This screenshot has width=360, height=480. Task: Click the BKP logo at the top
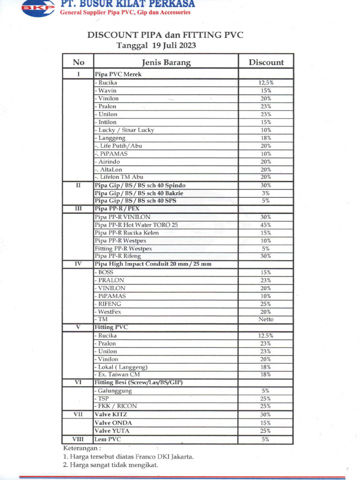coord(38,8)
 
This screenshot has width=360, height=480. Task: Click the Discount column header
coord(266,62)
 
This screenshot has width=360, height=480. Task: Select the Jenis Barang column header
coord(166,62)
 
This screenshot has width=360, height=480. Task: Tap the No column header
coord(78,62)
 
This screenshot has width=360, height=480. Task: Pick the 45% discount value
coord(266,225)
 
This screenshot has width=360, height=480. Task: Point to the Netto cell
coord(266,320)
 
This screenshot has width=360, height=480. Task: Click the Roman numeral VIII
coord(78,439)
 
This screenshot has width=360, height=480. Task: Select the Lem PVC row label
coord(108,439)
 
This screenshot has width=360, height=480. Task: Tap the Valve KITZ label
coord(111,415)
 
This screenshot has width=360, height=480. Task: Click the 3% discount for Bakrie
coord(266,193)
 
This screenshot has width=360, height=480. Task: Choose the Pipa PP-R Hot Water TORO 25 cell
coord(136,225)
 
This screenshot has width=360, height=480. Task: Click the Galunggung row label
coord(114,391)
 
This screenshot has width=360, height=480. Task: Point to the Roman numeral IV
coord(78,264)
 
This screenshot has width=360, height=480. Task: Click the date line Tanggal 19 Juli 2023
coord(156,46)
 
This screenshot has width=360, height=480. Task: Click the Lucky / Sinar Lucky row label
coord(126,130)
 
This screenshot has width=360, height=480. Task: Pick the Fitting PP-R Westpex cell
coord(123,248)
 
